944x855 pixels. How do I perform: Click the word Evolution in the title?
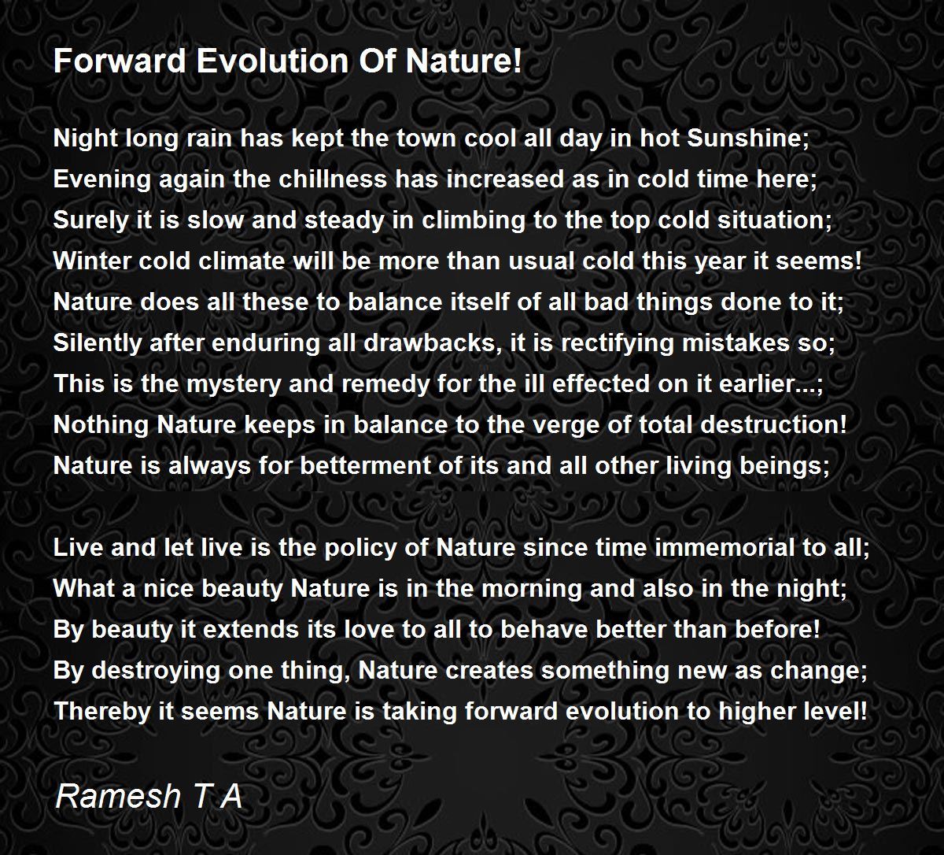pyautogui.click(x=273, y=61)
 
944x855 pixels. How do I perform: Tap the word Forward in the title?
pyautogui.click(x=120, y=61)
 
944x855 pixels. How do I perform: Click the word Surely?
pyautogui.click(x=90, y=220)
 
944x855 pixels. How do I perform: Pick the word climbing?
pyautogui.click(x=473, y=220)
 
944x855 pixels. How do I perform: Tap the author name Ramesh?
pyautogui.click(x=118, y=796)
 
